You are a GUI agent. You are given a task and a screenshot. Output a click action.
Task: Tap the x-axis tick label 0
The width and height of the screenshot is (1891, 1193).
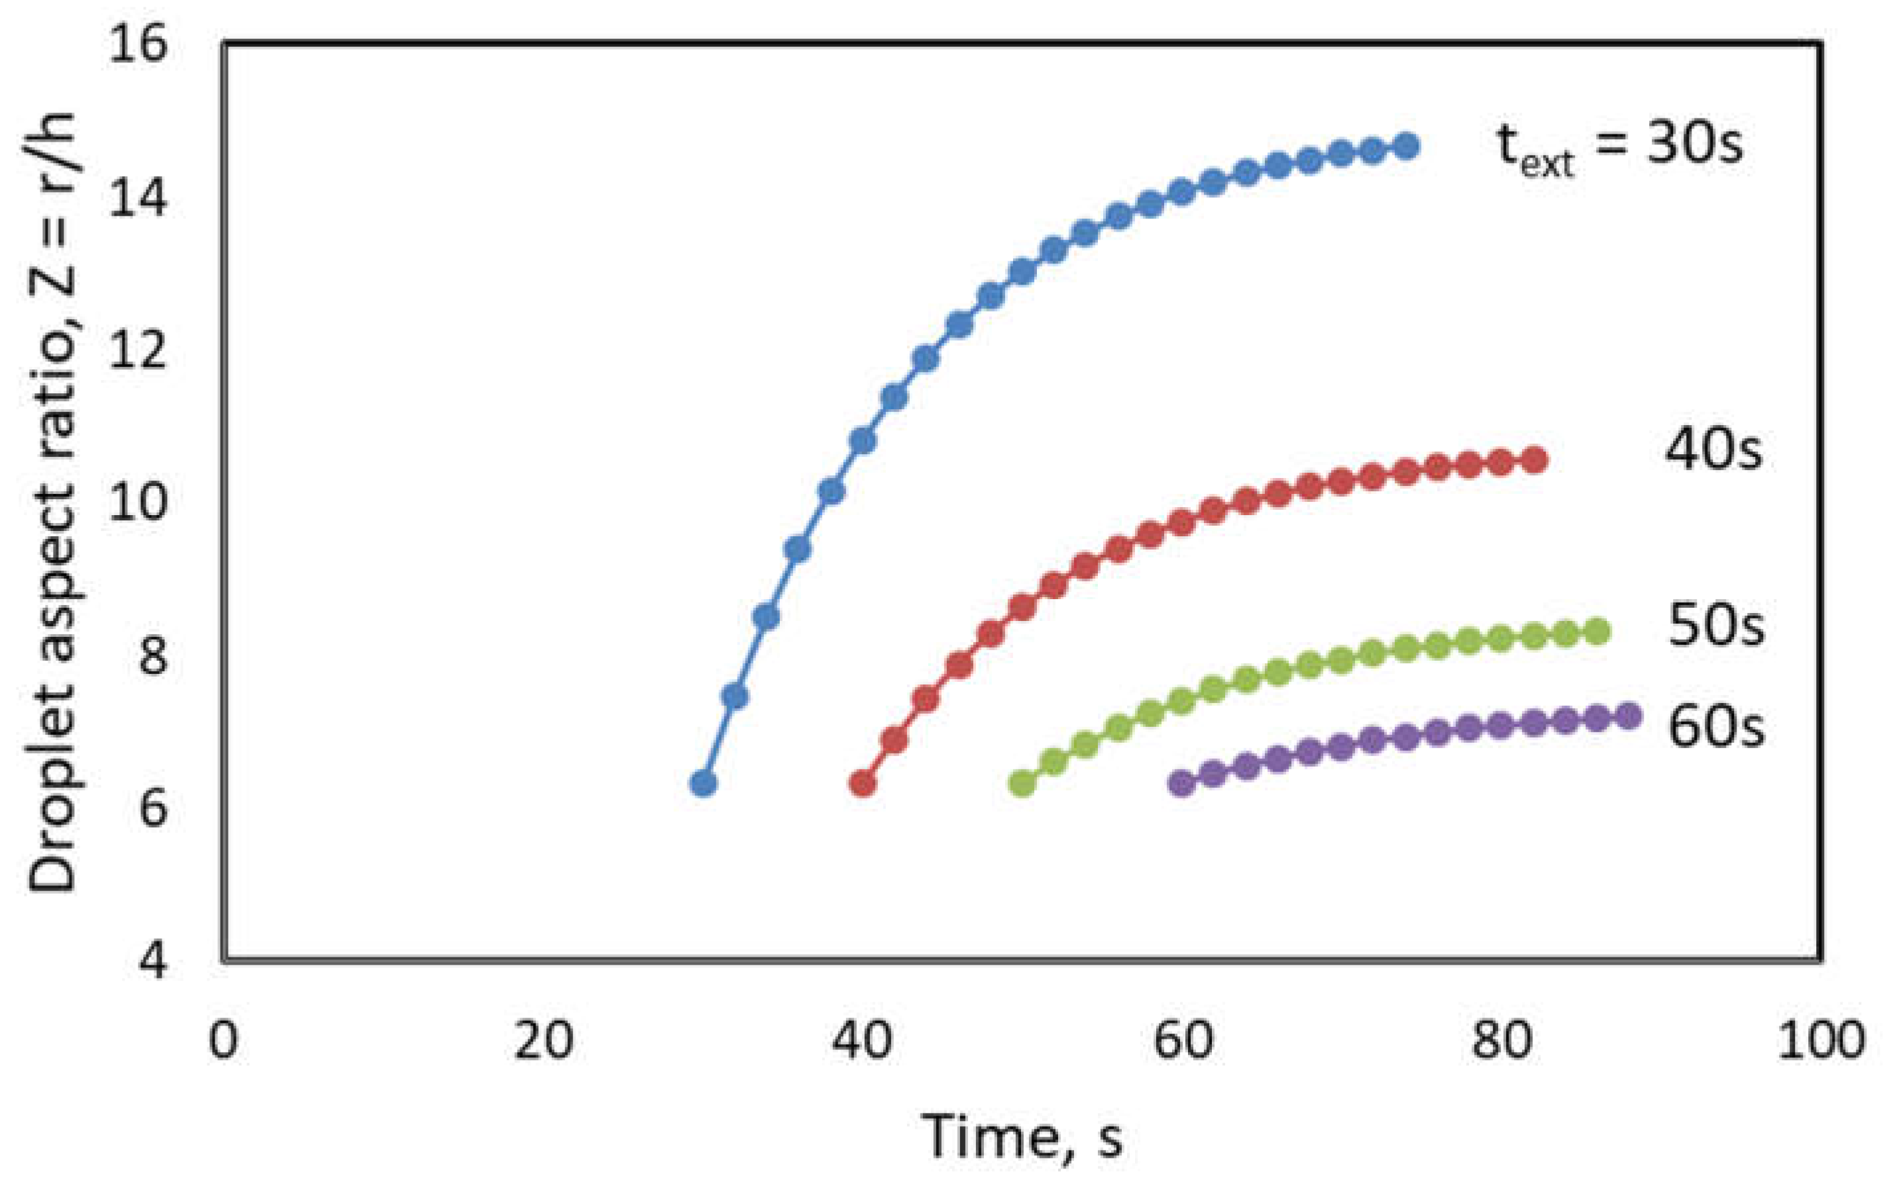coord(223,1041)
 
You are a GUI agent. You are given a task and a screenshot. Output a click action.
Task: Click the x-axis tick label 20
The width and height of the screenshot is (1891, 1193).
coord(543,1041)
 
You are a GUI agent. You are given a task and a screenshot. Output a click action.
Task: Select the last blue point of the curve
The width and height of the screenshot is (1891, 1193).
coord(1407,147)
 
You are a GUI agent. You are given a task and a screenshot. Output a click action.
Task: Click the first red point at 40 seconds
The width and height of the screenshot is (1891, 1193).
coord(862,783)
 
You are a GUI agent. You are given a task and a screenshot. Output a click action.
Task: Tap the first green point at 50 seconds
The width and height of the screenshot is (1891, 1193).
coord(1022,783)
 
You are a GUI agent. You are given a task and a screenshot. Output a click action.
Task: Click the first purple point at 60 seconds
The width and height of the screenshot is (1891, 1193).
coord(1181,783)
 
